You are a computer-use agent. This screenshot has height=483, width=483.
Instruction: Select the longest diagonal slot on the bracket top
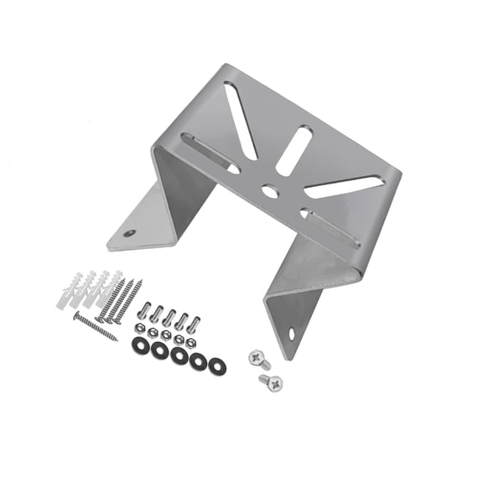241,122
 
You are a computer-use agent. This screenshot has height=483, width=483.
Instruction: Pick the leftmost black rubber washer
138,345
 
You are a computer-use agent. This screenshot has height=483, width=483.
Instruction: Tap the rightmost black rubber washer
217,365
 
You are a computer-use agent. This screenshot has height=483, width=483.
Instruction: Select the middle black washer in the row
179,356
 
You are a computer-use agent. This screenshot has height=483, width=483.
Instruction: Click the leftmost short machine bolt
145,310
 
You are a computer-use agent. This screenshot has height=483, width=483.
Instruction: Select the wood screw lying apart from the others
95,326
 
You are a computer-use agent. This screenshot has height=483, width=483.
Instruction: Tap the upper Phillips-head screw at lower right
258,359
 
